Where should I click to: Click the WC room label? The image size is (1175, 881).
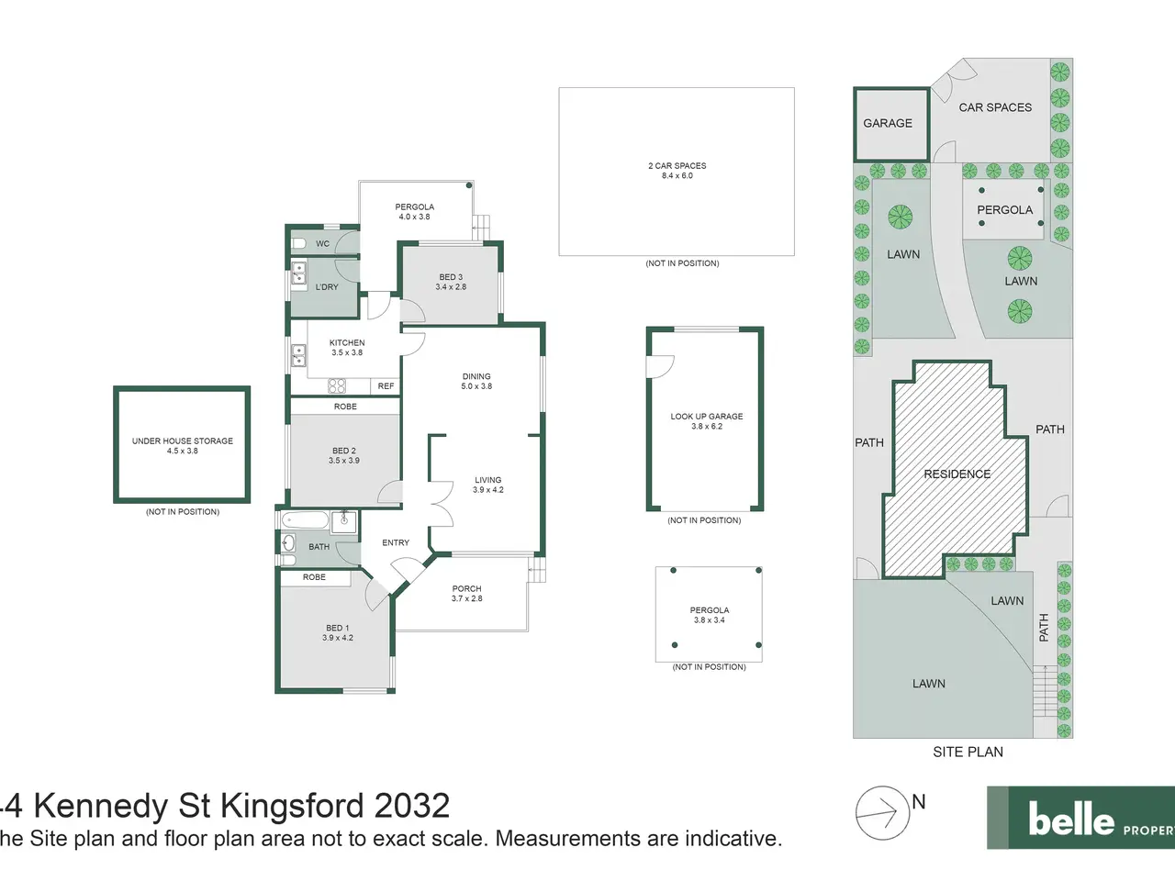point(322,244)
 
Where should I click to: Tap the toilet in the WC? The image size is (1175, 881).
point(298,243)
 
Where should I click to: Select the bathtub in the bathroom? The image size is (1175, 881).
point(305,520)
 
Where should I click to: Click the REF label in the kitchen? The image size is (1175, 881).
point(386,386)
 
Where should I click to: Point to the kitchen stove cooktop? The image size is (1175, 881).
point(337,385)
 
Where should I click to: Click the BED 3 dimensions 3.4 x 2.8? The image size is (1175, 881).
point(451,287)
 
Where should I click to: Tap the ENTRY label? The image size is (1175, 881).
point(396,543)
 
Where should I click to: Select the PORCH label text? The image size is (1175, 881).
point(467,589)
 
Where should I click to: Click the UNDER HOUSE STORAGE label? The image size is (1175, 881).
point(183,441)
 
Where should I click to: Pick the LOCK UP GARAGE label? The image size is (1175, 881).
point(707,417)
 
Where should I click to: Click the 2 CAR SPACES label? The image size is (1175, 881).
point(677,166)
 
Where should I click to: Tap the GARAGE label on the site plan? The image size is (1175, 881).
point(888,124)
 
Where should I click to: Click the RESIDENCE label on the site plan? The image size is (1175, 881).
point(957,474)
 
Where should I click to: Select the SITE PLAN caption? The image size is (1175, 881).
point(968,753)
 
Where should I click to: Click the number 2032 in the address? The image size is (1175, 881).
point(411,806)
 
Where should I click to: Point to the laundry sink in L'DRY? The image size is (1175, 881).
point(298,273)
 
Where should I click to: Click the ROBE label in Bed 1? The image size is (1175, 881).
point(314,578)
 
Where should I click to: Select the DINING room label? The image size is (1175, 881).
point(476,376)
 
